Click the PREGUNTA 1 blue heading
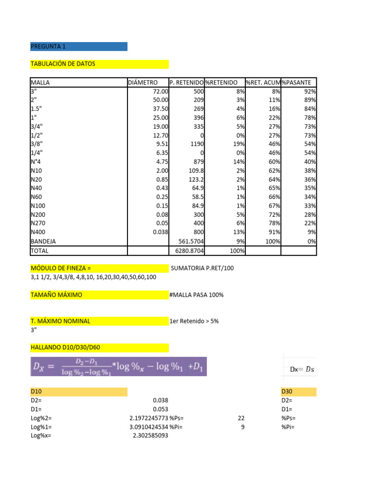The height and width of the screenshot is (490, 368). pyautogui.click(x=48, y=46)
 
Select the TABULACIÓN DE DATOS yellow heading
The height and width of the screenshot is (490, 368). pyautogui.click(x=63, y=64)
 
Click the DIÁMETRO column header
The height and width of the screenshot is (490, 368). pyautogui.click(x=143, y=83)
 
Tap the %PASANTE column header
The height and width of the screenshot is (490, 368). pyautogui.click(x=297, y=83)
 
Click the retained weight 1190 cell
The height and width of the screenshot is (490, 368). pyautogui.click(x=196, y=144)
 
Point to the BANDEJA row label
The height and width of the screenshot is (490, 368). pyautogui.click(x=44, y=242)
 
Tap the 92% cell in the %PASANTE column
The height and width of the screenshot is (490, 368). pyautogui.click(x=310, y=91)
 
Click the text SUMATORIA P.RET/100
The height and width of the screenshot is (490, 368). pyautogui.click(x=202, y=268)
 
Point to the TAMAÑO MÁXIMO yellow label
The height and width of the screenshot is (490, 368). pyautogui.click(x=56, y=295)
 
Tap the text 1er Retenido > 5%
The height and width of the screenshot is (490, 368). pyautogui.click(x=194, y=321)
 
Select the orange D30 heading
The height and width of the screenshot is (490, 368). pyautogui.click(x=288, y=392)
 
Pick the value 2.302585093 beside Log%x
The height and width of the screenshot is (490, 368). pyautogui.click(x=150, y=436)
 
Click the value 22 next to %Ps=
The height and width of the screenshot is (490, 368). pyautogui.click(x=241, y=418)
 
